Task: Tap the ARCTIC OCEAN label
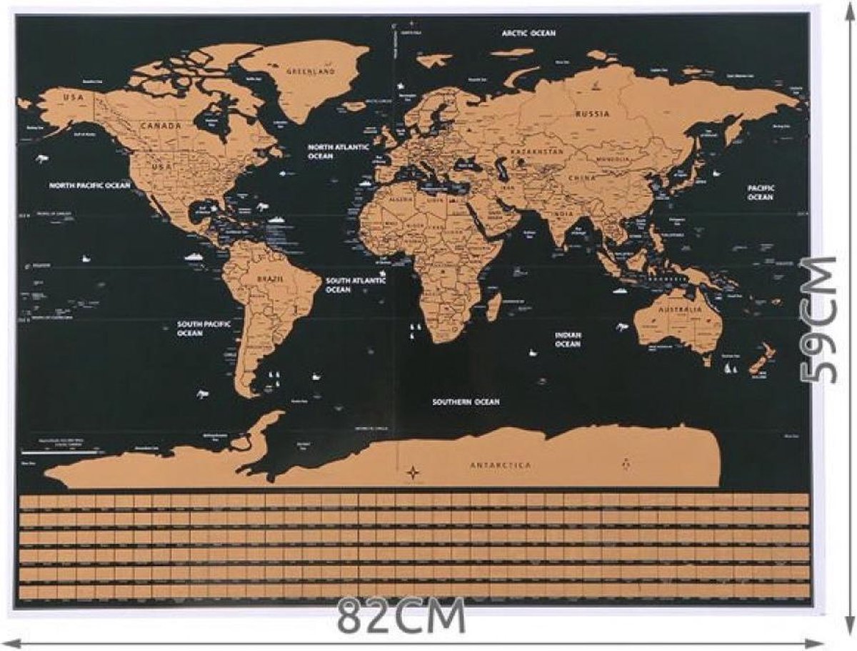[x=528, y=33]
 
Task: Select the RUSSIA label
[x=593, y=114]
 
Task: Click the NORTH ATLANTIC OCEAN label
[x=338, y=151]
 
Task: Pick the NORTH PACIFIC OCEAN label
[x=90, y=185]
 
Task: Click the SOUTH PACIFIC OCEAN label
[x=204, y=329]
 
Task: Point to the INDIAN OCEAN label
[x=568, y=339]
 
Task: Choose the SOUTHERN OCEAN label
[x=466, y=402]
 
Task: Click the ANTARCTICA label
[x=501, y=465]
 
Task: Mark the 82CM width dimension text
[x=401, y=617]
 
